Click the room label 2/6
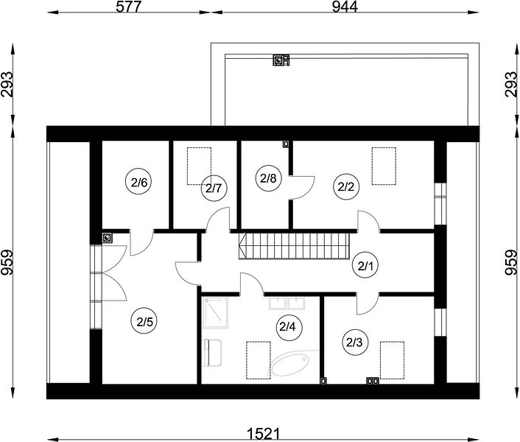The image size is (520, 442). (x=138, y=183)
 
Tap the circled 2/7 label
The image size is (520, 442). (x=214, y=189)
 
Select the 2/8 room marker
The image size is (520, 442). (x=268, y=179)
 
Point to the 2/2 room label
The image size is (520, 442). (x=346, y=187)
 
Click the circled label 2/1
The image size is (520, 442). (x=365, y=266)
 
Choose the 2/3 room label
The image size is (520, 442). (x=354, y=343)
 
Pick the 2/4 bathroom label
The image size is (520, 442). (x=287, y=327)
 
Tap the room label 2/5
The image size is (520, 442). (x=144, y=322)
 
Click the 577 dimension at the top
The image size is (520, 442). (x=129, y=7)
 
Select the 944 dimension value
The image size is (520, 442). (x=345, y=7)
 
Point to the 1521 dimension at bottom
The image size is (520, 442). (x=264, y=433)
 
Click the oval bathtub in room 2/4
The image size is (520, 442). (x=290, y=364)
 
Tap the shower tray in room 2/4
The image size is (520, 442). (x=215, y=312)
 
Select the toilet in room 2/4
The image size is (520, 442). (x=212, y=352)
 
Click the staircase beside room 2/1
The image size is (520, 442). (x=294, y=246)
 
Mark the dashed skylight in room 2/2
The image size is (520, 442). (x=384, y=166)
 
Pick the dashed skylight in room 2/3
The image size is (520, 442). (x=392, y=360)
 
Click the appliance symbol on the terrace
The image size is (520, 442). (x=281, y=60)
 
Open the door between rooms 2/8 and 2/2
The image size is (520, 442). (x=301, y=188)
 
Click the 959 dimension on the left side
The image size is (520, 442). (x=7, y=262)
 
